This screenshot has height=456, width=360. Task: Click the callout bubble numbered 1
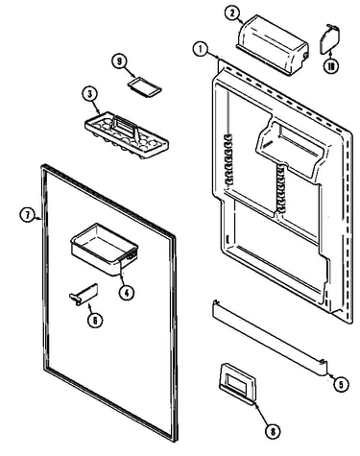[x=201, y=50]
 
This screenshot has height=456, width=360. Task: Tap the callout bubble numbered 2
[x=232, y=13]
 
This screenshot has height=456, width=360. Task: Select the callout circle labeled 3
[x=90, y=94]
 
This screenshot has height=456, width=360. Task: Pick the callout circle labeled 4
[x=127, y=292]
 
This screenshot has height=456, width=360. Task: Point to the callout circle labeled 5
[x=341, y=384]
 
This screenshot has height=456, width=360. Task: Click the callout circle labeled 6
[x=95, y=320]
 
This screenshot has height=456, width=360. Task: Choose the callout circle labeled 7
[x=27, y=215]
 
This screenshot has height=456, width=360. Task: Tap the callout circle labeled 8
[x=273, y=431]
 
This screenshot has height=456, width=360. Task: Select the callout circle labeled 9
[x=120, y=61]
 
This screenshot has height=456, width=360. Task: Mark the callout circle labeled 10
[x=331, y=66]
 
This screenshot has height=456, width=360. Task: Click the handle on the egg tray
[x=126, y=126]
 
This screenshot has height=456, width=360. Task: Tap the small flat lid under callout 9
[x=145, y=86]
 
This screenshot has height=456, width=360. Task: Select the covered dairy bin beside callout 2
[x=273, y=45]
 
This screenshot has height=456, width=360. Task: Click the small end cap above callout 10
[x=329, y=38]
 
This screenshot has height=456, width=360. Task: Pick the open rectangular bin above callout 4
[x=105, y=250]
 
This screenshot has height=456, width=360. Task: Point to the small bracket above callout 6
[x=84, y=295]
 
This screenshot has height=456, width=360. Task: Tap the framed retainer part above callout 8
[x=238, y=382]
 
